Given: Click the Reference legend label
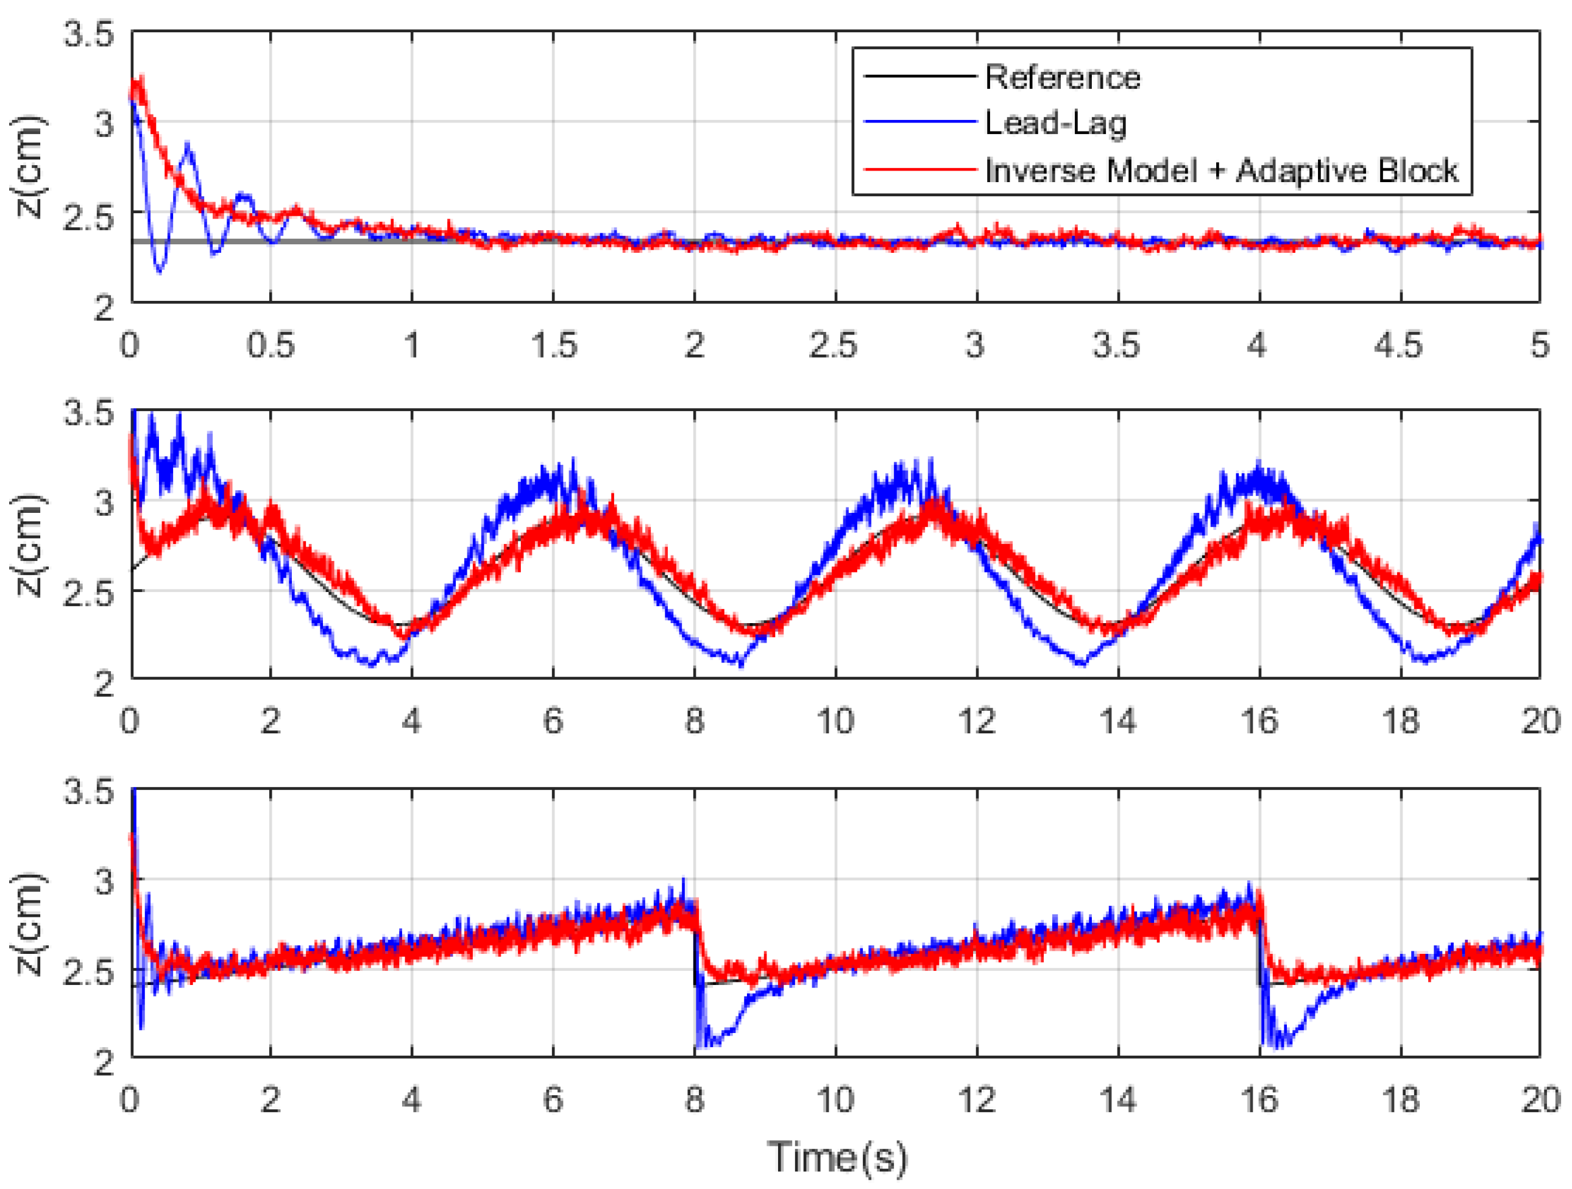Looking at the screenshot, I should coord(1062,77).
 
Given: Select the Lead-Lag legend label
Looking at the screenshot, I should coord(1055,124).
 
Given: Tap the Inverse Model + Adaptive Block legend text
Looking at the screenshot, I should coord(1221,171).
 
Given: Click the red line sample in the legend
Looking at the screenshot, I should coord(919,170).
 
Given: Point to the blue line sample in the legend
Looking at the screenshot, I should coord(919,122).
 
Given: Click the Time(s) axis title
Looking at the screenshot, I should coord(837,1156).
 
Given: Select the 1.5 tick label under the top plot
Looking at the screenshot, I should coord(553,346).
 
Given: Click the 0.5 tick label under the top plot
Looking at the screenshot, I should coord(270,346).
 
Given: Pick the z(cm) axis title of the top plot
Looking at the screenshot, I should coord(30,167).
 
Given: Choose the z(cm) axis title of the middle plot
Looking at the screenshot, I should coord(30,545).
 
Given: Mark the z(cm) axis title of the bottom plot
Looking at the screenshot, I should coord(30,923).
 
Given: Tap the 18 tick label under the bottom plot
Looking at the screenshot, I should coord(1400,1100).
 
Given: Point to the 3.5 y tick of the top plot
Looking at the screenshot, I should coord(89,34).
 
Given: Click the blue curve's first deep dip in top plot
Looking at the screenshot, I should coord(159,270).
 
